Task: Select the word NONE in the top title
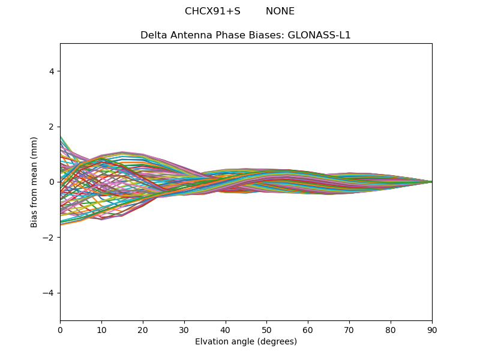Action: click(280, 11)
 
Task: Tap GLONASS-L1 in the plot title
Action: click(319, 35)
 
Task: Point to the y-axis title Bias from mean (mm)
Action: click(34, 182)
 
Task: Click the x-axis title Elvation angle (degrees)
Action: click(246, 342)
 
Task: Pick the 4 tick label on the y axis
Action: click(52, 71)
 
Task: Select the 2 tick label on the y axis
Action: click(52, 127)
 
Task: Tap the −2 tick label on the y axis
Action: click(49, 238)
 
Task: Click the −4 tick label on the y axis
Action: click(49, 293)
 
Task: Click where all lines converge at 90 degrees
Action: click(431, 182)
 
